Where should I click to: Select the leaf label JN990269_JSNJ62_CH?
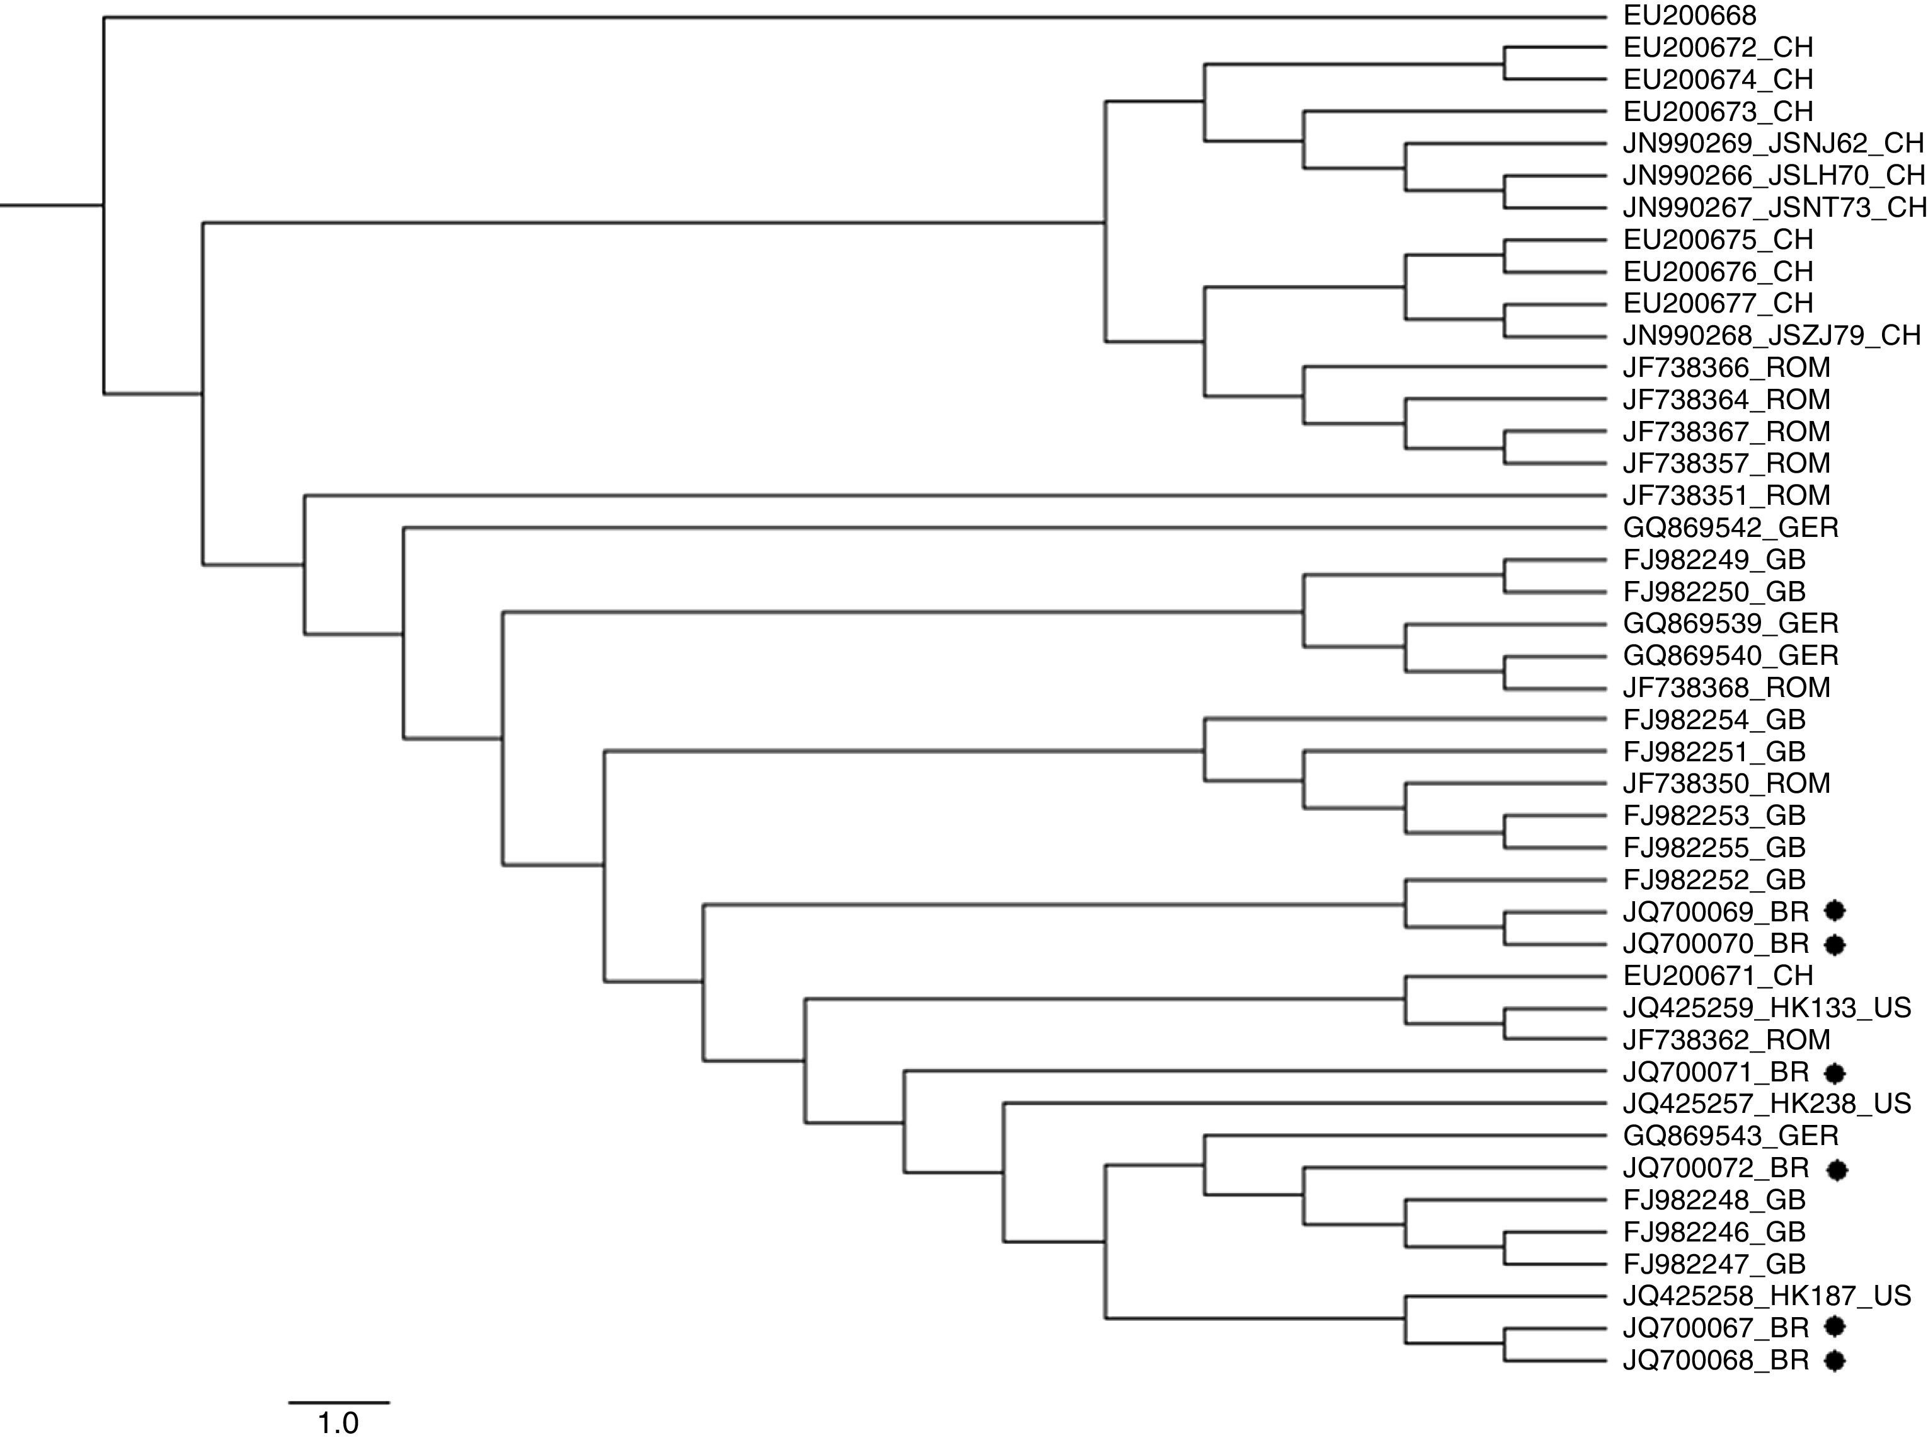click(1772, 143)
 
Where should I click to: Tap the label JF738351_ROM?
click(1726, 495)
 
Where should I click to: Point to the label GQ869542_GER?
click(1730, 527)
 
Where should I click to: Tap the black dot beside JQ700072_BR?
click(1837, 1170)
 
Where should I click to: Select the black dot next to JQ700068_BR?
click(1835, 1360)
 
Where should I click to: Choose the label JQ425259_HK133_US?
click(1766, 1008)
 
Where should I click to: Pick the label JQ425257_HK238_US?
click(1766, 1103)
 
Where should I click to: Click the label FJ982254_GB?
click(1714, 720)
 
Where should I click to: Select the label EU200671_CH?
click(1717, 976)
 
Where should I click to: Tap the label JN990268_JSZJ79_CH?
click(1771, 335)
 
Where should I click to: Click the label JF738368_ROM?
click(1726, 688)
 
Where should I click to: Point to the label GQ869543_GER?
click(1730, 1136)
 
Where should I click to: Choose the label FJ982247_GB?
click(1714, 1264)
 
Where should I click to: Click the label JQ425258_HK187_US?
click(1766, 1295)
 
